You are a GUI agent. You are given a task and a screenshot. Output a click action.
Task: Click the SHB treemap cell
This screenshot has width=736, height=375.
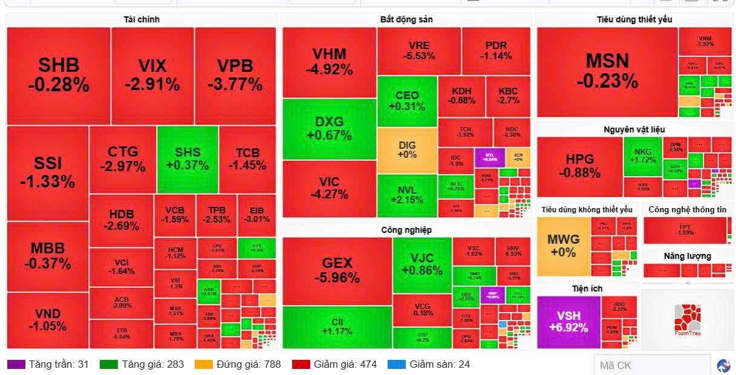click(x=59, y=75)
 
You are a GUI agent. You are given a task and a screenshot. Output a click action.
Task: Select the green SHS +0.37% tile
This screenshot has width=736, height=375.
click(x=187, y=158)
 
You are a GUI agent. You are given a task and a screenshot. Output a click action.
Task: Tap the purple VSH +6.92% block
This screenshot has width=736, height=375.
click(x=568, y=322)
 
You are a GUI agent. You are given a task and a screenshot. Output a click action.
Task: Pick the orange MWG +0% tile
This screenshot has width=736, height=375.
click(x=563, y=246)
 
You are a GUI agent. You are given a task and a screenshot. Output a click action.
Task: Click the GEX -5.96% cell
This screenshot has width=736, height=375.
click(x=337, y=270)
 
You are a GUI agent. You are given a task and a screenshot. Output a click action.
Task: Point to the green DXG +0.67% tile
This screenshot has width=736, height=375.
click(x=329, y=128)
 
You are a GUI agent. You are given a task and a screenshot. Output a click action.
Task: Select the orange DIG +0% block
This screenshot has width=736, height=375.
click(x=407, y=149)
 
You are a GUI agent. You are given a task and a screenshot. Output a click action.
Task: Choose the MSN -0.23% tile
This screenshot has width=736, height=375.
click(x=607, y=71)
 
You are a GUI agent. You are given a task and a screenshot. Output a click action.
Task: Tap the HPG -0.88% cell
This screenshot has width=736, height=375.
click(x=579, y=166)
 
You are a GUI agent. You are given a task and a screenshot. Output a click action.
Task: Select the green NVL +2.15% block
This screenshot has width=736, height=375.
click(x=407, y=195)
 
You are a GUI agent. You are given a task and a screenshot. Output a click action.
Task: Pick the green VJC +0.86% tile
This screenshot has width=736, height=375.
click(x=422, y=264)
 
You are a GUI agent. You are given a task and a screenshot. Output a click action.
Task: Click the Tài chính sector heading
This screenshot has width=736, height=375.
click(x=142, y=19)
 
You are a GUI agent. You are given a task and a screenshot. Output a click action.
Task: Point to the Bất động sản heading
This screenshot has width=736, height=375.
click(x=406, y=19)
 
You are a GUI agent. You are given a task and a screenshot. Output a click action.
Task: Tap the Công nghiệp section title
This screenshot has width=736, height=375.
click(x=406, y=230)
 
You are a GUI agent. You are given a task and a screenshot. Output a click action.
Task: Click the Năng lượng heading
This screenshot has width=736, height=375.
click(x=687, y=256)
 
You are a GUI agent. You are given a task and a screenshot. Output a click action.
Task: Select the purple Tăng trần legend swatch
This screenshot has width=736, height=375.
click(x=15, y=364)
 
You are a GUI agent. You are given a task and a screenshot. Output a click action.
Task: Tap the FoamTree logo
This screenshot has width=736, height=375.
click(x=687, y=319)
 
